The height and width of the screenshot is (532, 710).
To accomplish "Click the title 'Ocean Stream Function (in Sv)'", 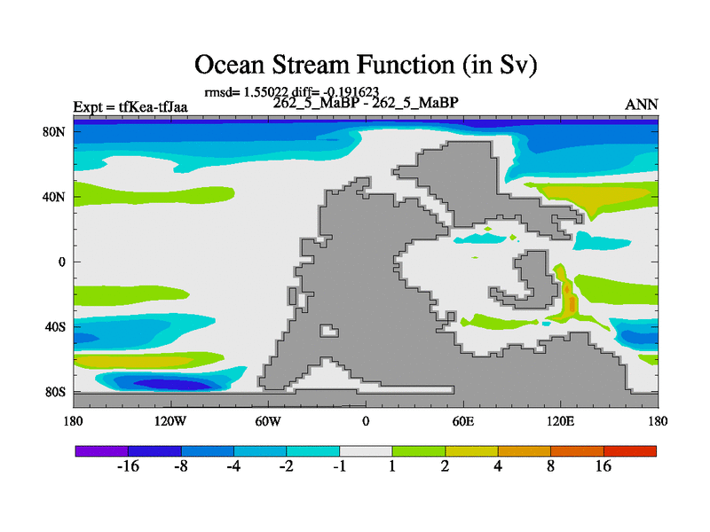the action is pyautogui.click(x=366, y=64).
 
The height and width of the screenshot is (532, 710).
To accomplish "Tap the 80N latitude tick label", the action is pyautogui.click(x=54, y=132).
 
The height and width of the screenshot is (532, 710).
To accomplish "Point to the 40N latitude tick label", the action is pyautogui.click(x=54, y=197).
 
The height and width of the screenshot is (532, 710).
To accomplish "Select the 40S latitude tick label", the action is pyautogui.click(x=55, y=327).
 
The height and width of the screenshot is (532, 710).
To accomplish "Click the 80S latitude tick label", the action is pyautogui.click(x=55, y=392).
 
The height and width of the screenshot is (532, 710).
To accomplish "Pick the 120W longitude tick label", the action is pyautogui.click(x=170, y=422).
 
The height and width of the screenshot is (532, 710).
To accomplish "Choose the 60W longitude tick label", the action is pyautogui.click(x=268, y=422).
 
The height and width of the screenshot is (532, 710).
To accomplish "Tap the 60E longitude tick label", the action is pyautogui.click(x=463, y=422).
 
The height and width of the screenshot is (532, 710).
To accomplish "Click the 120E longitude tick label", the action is pyautogui.click(x=560, y=422).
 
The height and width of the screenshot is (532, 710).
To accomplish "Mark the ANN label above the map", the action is pyautogui.click(x=641, y=105).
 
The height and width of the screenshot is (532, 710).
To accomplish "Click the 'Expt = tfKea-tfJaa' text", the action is pyautogui.click(x=130, y=107).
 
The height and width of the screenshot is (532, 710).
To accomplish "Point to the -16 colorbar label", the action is pyautogui.click(x=128, y=466).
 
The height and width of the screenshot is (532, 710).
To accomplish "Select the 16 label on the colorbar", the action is pyautogui.click(x=603, y=466).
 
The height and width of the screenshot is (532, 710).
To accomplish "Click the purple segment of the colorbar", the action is pyautogui.click(x=101, y=451).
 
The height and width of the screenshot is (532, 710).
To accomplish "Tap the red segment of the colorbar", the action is pyautogui.click(x=630, y=451).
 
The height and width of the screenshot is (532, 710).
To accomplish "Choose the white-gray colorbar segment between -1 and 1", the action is pyautogui.click(x=366, y=451).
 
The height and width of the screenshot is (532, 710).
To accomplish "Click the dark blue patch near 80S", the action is pyautogui.click(x=172, y=385).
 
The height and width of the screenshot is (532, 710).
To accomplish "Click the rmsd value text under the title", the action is pyautogui.click(x=292, y=92).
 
